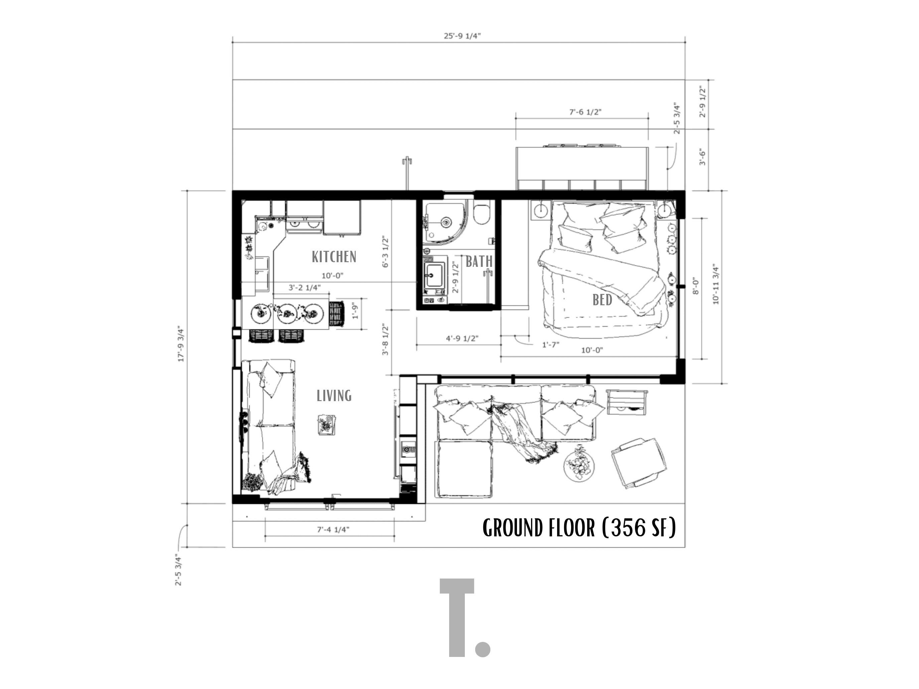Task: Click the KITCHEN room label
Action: [334, 256]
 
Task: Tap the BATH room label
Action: [479, 261]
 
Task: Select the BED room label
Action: [602, 300]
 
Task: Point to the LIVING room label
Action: [334, 395]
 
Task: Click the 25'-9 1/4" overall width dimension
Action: [462, 36]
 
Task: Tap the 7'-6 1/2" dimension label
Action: [585, 112]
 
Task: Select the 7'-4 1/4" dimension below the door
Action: [333, 529]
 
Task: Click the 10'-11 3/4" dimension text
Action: [715, 284]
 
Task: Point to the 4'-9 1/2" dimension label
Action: [462, 338]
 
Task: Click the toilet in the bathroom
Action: [482, 214]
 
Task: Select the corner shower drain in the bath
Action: [446, 222]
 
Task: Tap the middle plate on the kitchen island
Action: [287, 313]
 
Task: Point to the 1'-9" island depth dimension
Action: [354, 310]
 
